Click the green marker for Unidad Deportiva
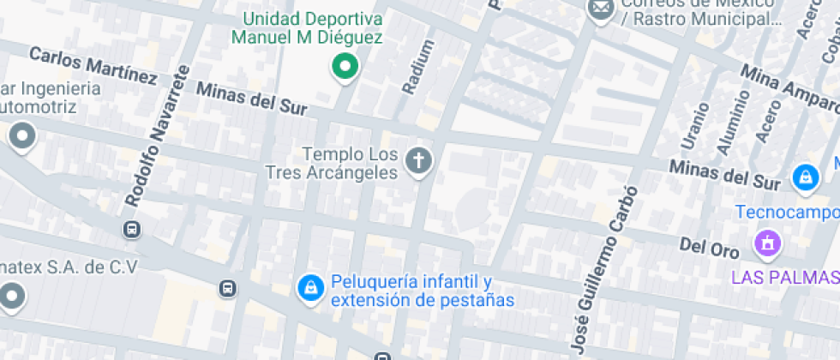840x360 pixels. (x=345, y=66)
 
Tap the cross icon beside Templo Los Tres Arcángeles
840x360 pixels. (x=418, y=160)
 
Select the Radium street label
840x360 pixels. (x=414, y=67)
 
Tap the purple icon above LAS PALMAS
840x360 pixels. (x=767, y=243)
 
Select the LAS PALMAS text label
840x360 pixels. (x=783, y=278)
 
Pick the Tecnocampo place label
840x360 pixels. (x=788, y=212)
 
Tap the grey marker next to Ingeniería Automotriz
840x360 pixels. (x=21, y=135)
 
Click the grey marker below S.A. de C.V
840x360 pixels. (x=11, y=297)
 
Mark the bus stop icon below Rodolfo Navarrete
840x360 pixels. (x=132, y=229)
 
